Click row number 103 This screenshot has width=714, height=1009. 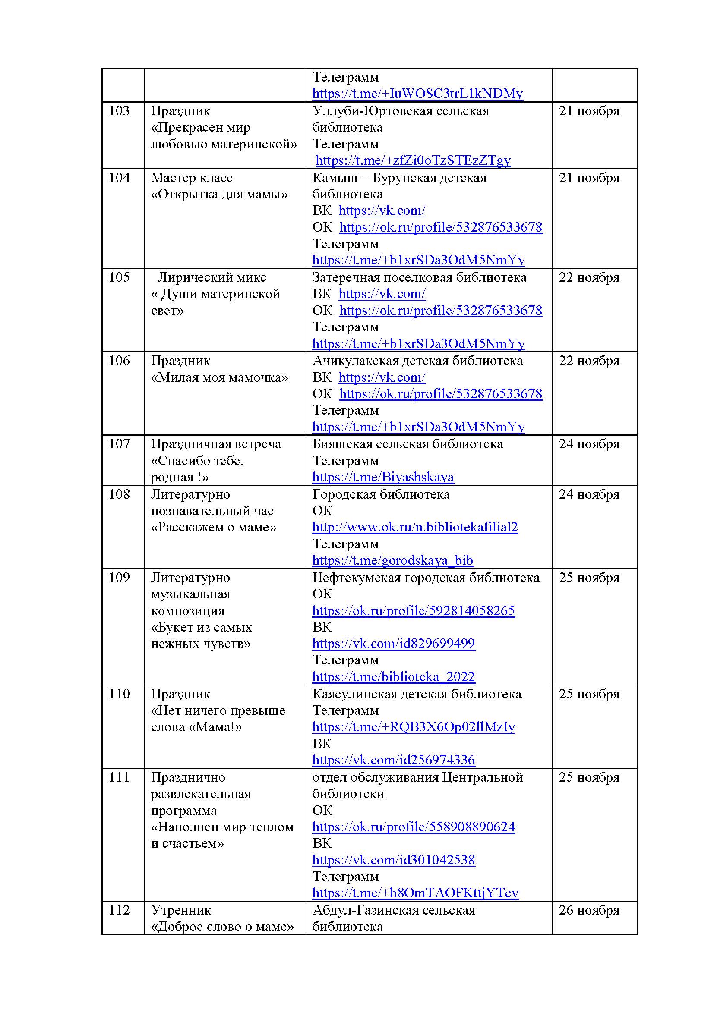(x=119, y=111)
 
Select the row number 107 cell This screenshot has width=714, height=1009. (x=119, y=444)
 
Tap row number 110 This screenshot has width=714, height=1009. (x=119, y=694)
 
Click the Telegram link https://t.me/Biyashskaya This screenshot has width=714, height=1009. (x=383, y=477)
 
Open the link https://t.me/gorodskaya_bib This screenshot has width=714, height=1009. (x=392, y=560)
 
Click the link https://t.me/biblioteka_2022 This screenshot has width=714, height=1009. (x=394, y=677)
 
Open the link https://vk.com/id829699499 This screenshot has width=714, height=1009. (x=394, y=643)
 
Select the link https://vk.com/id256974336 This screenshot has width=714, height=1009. (x=394, y=760)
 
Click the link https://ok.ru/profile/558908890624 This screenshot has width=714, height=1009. (x=413, y=827)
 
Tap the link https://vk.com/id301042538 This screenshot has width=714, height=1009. (x=394, y=860)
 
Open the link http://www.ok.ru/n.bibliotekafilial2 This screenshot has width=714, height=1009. (x=415, y=527)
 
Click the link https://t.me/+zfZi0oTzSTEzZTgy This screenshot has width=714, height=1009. (x=413, y=160)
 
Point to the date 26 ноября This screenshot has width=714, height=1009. (x=589, y=910)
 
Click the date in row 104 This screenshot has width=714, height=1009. (x=589, y=178)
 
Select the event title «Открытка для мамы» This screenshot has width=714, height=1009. (x=219, y=194)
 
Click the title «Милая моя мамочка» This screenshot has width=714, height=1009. (x=219, y=377)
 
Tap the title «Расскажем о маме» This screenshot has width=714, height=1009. (x=214, y=527)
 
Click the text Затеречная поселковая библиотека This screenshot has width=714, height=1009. (x=420, y=277)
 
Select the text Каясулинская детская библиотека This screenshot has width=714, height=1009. (x=417, y=694)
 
